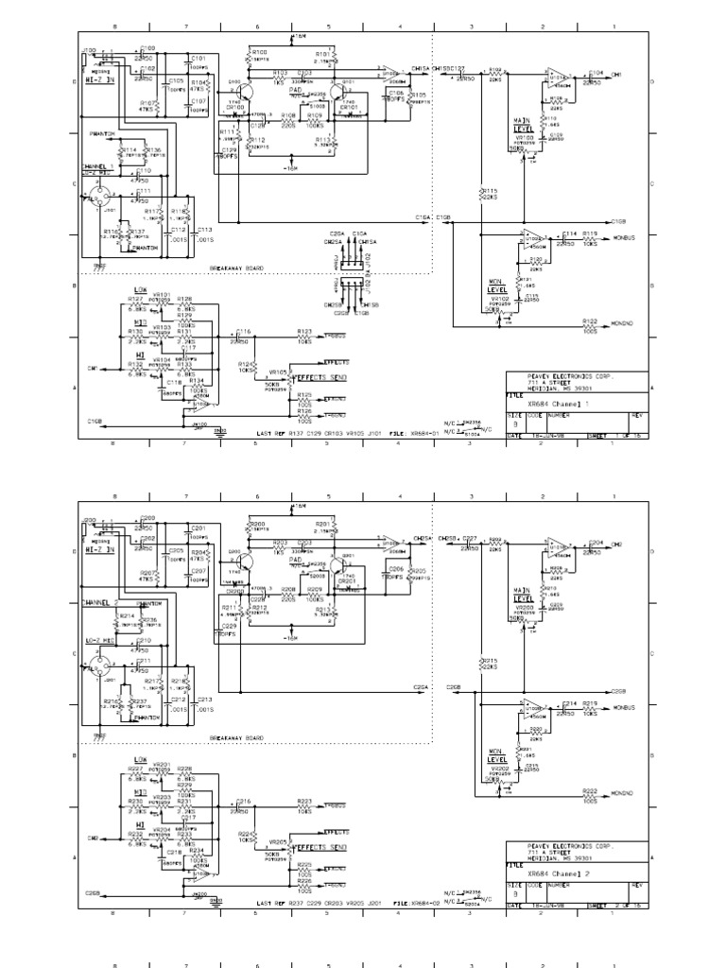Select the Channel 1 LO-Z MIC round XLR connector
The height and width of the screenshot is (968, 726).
[x=96, y=201]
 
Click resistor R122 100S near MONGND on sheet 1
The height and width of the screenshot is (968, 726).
[x=591, y=322]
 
